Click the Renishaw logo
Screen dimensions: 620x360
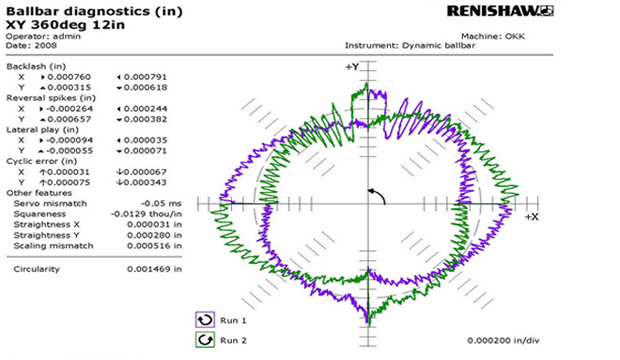500,11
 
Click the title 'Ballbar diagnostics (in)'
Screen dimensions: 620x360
94,11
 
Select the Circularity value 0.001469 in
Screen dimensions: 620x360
154,269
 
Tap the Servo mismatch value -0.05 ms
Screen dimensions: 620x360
161,203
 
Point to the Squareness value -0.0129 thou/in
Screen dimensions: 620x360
146,214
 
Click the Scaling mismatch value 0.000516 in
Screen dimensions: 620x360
154,246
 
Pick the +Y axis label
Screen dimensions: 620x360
352,67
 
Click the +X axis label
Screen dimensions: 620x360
532,217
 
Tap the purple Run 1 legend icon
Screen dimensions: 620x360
205,320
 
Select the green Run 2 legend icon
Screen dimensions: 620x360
205,340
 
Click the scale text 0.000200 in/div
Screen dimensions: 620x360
503,340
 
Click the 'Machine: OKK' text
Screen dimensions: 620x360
493,36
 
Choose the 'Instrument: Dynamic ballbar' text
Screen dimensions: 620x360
410,45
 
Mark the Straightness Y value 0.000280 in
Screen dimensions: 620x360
154,235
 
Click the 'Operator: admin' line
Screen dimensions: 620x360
43,36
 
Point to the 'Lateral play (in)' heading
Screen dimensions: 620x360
42,130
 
